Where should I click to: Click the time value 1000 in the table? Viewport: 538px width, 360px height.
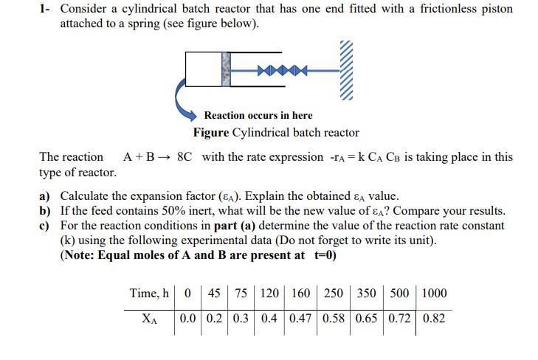click(434, 293)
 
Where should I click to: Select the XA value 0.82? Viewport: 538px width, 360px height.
click(434, 319)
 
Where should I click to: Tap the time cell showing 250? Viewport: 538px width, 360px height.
click(334, 293)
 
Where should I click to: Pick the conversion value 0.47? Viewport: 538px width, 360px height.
click(300, 319)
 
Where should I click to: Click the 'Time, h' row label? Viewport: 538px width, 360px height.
click(149, 293)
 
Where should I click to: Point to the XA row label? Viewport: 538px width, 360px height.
click(149, 319)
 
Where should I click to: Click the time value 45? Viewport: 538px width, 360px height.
click(214, 293)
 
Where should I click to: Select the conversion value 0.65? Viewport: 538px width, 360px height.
click(367, 319)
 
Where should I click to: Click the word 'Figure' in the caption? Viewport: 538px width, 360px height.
click(211, 133)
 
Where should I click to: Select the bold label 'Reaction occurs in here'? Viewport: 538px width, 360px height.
click(258, 115)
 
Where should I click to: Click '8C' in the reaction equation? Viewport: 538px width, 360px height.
click(187, 157)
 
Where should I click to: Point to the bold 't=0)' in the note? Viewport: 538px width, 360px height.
click(322, 255)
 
